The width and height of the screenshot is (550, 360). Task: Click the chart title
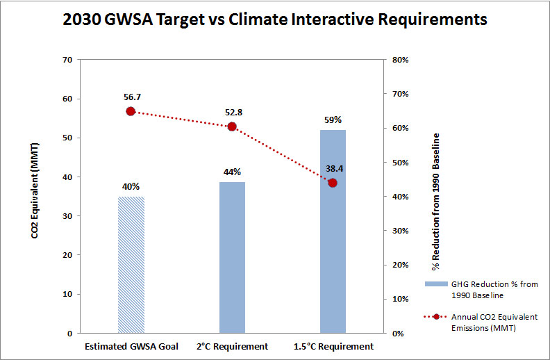[x=275, y=20]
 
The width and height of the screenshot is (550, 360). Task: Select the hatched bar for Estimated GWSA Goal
[x=131, y=265]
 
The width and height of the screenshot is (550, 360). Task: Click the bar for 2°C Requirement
[x=232, y=257]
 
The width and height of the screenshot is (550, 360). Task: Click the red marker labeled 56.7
[x=131, y=111]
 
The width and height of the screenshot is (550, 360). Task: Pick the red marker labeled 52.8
[x=232, y=126]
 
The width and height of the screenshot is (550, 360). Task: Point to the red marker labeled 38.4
[x=333, y=183]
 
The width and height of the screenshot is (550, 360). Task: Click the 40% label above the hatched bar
[x=131, y=186]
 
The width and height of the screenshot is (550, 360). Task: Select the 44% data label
[x=232, y=172]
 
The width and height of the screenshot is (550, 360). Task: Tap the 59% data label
[x=333, y=120]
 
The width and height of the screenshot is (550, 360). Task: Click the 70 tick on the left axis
[x=67, y=60]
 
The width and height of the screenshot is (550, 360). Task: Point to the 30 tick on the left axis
[x=67, y=216]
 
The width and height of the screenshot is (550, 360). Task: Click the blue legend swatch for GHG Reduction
[x=436, y=285]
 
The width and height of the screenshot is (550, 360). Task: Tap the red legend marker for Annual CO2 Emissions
[x=436, y=316]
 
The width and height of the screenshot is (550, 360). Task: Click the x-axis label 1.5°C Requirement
[x=333, y=346]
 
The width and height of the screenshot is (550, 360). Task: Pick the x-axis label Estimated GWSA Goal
[x=131, y=346]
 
